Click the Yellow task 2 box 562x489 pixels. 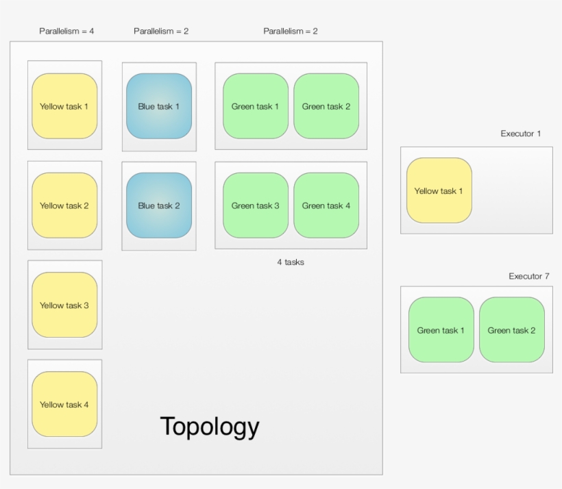click(x=64, y=205)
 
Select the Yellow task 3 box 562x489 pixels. click(x=64, y=305)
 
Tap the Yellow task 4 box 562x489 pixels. click(x=64, y=404)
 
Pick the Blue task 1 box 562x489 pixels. click(x=159, y=106)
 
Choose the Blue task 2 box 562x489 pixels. click(x=159, y=205)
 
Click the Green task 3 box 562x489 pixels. click(x=256, y=205)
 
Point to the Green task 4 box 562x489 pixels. click(x=326, y=205)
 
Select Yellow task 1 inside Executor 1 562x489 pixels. click(x=439, y=190)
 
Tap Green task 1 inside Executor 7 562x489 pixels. click(x=441, y=329)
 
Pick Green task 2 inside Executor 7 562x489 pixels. click(x=511, y=329)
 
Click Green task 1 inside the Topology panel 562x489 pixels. click(x=256, y=106)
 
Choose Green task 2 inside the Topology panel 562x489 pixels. click(x=326, y=106)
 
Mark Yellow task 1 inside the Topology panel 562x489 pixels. click(x=64, y=106)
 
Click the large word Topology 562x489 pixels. click(x=210, y=426)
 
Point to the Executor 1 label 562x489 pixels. click(x=520, y=134)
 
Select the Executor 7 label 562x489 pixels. click(x=528, y=276)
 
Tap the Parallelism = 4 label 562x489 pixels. click(x=66, y=31)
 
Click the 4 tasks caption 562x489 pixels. click(x=291, y=262)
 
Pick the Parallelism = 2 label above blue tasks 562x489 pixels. click(x=161, y=31)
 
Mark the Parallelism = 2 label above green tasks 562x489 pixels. click(x=291, y=31)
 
